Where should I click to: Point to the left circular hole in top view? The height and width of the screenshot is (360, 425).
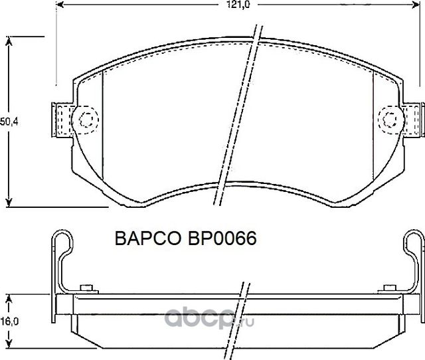point(87,120)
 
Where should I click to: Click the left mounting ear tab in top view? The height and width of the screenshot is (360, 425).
point(61,120)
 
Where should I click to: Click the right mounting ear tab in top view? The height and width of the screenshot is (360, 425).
point(414,120)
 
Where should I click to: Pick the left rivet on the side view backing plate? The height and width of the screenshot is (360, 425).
point(86,288)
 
